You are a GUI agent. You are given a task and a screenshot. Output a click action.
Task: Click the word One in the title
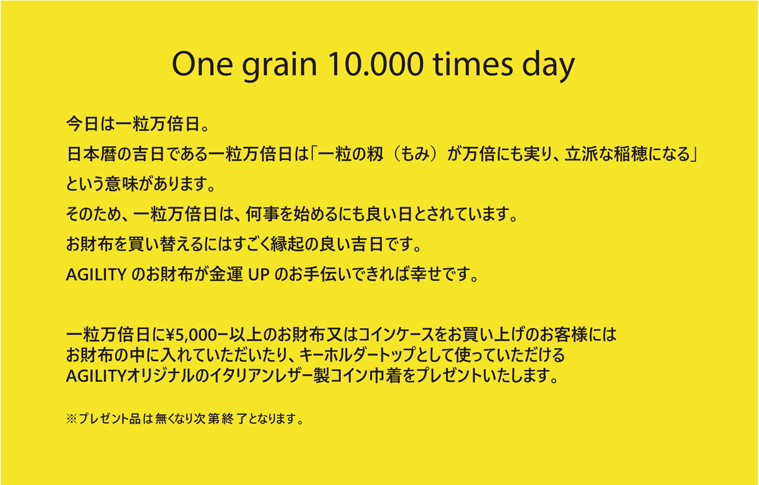tap(202, 64)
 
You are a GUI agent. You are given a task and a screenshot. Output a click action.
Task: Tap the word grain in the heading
tap(280, 67)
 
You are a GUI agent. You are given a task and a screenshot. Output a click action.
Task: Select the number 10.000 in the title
tap(376, 64)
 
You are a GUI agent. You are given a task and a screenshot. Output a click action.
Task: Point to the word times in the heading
tap(473, 64)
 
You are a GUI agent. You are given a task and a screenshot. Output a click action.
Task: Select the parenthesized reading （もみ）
tap(414, 154)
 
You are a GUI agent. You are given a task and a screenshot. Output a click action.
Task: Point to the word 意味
tap(121, 184)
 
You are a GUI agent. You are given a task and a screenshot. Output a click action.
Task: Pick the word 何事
tap(262, 214)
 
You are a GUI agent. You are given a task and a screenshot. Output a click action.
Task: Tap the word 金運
tap(226, 274)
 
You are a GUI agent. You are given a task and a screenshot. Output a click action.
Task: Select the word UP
tap(259, 274)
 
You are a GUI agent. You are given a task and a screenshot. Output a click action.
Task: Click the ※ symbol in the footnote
tap(72, 419)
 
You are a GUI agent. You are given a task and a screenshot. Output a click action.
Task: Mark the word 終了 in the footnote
tap(234, 419)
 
